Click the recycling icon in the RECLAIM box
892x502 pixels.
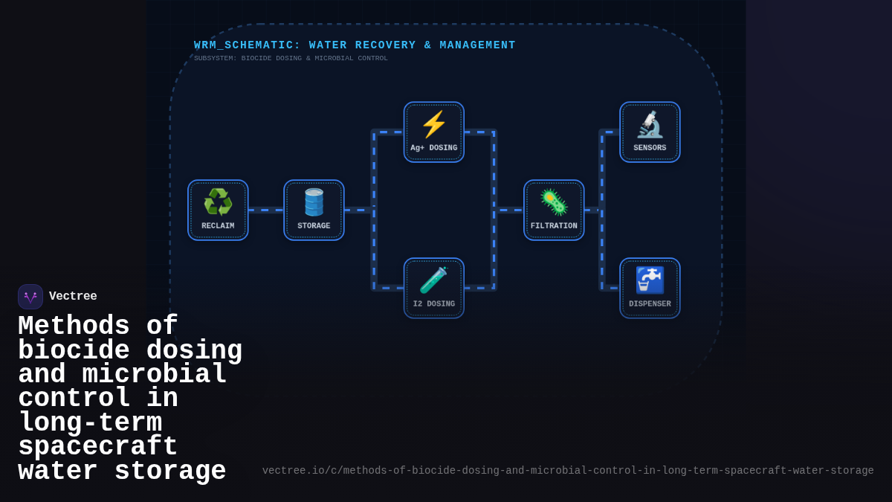(x=218, y=202)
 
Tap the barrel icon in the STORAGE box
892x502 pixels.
(x=314, y=202)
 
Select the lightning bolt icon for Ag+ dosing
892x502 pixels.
(x=434, y=124)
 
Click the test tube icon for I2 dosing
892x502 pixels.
(x=434, y=280)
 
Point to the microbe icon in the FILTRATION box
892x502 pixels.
(x=554, y=202)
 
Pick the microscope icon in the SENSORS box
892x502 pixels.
(x=650, y=124)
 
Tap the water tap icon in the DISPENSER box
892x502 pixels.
(x=650, y=280)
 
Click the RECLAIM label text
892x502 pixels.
(x=218, y=226)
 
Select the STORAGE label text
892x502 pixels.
(x=314, y=226)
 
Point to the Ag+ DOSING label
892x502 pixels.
(x=434, y=148)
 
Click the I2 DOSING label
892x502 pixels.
(x=434, y=304)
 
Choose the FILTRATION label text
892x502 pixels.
(x=554, y=226)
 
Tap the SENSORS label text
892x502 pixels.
(x=650, y=148)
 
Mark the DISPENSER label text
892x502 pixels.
(x=650, y=304)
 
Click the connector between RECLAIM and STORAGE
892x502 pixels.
(x=266, y=210)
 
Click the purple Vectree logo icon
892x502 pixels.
(x=30, y=297)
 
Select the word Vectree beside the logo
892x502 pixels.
(x=73, y=297)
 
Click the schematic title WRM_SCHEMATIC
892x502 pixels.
(x=247, y=45)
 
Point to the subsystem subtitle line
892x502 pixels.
(x=291, y=59)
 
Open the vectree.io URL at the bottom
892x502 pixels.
(x=568, y=471)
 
